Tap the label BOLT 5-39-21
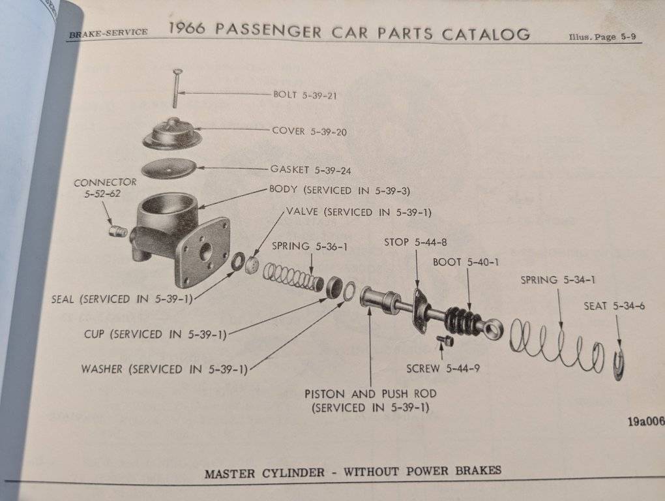304,95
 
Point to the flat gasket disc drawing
168,168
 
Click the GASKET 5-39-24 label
310,170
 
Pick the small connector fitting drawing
117,231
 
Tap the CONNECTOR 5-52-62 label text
105,188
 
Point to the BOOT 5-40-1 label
465,262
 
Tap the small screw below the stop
447,341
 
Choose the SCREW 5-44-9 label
443,369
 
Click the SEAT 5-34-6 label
614,306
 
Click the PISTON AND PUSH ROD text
370,394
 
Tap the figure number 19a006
645,421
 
